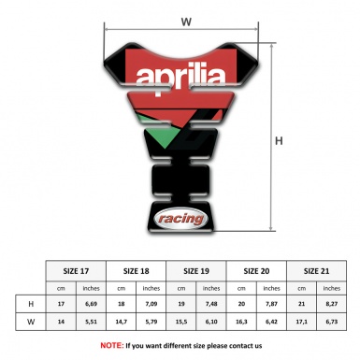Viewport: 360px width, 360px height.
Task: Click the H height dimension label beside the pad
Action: tap(279, 142)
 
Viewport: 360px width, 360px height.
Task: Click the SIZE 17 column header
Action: tap(76, 270)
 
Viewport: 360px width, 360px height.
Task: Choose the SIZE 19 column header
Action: tap(197, 270)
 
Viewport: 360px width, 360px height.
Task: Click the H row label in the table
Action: tap(32, 305)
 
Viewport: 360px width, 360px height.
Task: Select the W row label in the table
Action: tap(32, 323)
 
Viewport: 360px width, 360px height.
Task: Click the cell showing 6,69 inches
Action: tap(91, 305)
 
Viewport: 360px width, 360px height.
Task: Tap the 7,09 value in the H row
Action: tap(152, 305)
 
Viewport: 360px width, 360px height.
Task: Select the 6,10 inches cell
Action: tap(213, 323)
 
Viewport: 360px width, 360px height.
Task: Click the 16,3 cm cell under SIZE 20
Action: tap(243, 323)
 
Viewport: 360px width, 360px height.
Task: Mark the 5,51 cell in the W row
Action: tap(91, 323)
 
